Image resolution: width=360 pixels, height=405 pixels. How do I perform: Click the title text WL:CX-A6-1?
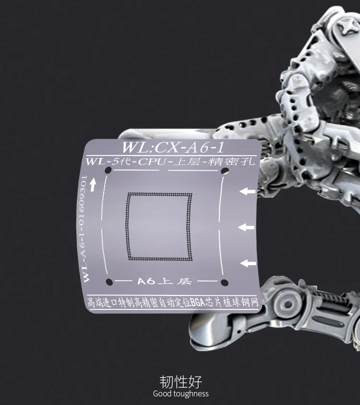[172, 147]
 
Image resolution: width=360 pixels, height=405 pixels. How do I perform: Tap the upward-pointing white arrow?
[92, 185]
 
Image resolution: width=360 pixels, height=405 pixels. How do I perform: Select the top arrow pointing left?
[247, 191]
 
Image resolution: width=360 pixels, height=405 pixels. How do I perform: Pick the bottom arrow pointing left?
[248, 263]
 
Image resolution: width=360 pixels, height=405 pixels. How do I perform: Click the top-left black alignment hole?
[108, 170]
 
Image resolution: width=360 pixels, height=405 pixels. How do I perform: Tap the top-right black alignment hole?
[225, 171]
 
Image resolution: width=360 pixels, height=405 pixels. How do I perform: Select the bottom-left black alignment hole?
[109, 282]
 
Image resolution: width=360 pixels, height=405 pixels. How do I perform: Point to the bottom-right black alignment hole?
[225, 282]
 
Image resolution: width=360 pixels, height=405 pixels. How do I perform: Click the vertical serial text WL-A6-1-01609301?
[84, 229]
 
